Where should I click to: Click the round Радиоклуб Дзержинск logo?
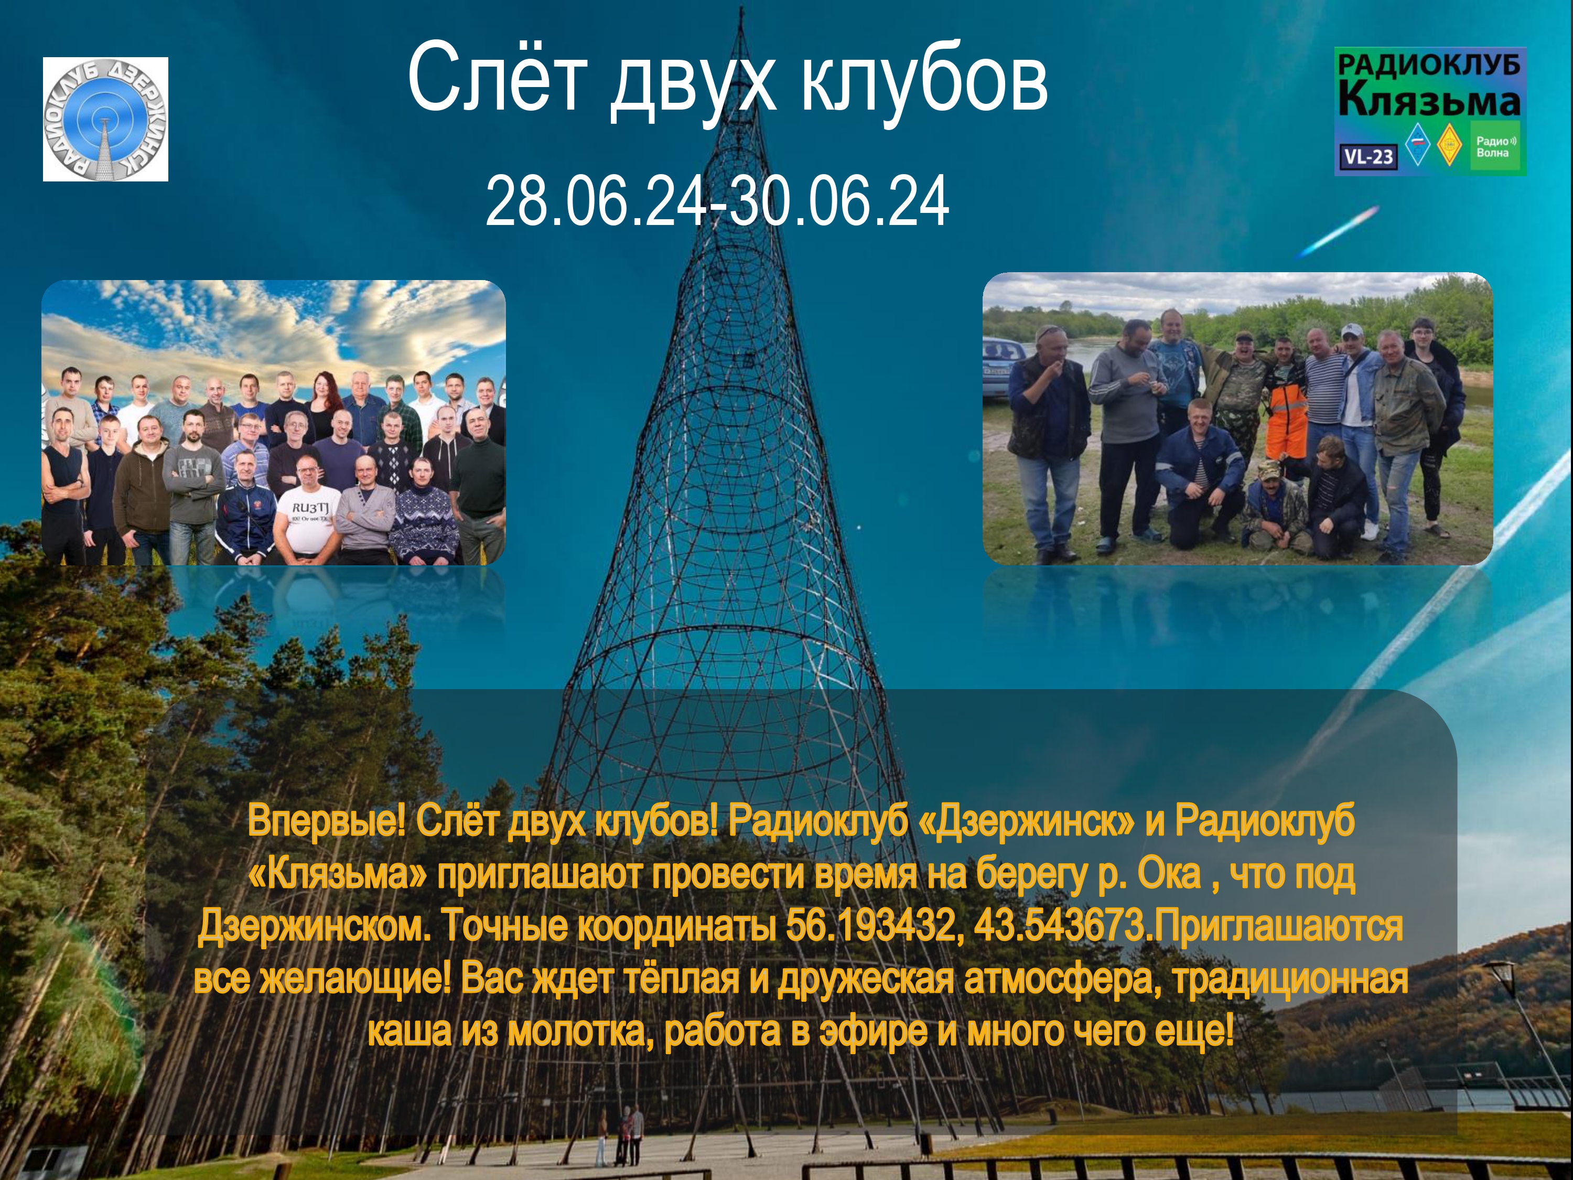pos(105,119)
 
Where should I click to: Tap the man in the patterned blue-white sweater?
pos(425,512)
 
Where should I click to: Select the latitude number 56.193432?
pos(870,927)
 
